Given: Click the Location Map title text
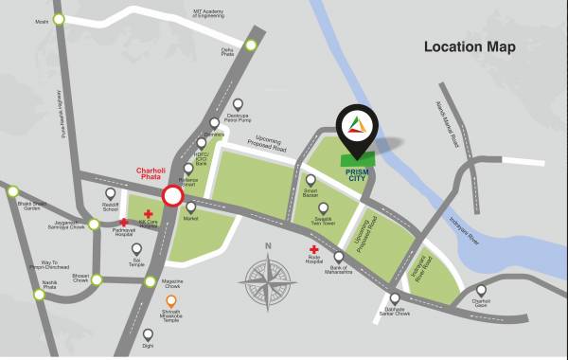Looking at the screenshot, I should pos(470,46).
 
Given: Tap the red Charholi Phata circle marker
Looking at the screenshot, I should pos(172,196).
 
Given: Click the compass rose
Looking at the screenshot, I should pos(270,281).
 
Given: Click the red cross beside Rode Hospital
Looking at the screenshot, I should pos(312,250).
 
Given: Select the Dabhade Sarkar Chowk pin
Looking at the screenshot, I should pos(395,297).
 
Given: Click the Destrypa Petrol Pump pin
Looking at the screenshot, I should pos(238,104).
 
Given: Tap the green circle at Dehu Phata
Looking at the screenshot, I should pos(251,44).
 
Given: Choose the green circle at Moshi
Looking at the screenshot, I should pos(60,18).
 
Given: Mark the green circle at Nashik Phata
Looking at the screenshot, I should pos(39,295).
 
